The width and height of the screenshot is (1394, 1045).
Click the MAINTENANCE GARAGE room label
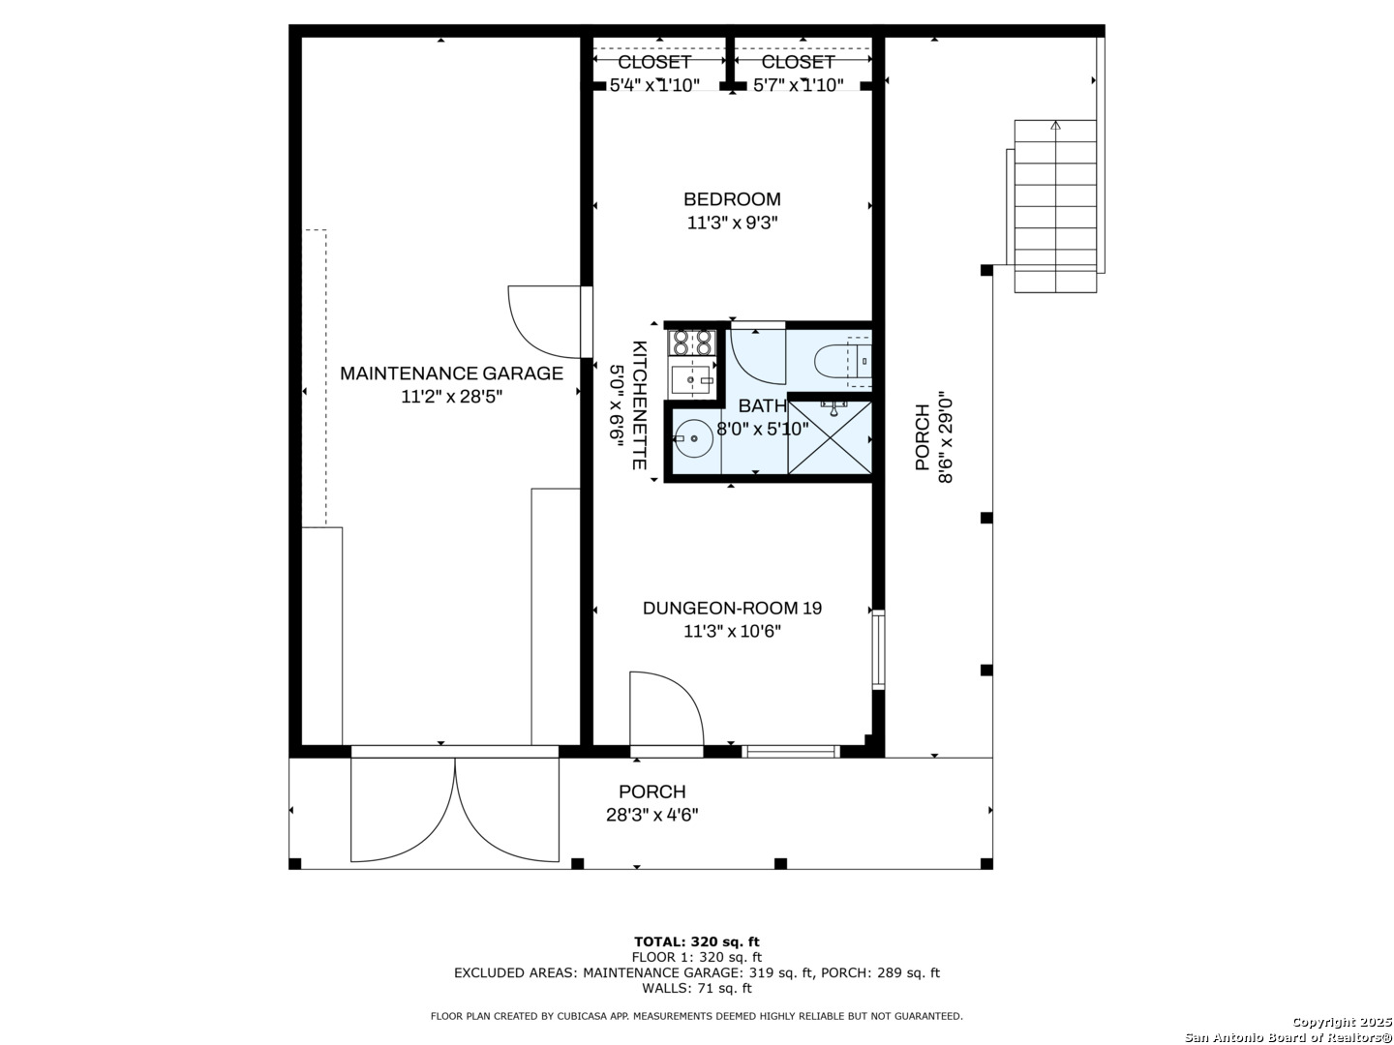(451, 373)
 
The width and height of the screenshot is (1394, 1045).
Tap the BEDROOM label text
(732, 199)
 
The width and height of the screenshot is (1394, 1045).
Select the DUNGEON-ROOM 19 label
(732, 608)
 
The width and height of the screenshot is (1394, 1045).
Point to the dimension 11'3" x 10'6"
(732, 632)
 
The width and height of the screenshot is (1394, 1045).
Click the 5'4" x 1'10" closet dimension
(654, 85)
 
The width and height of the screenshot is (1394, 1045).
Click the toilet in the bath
(842, 363)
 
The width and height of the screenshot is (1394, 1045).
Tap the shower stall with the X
(830, 438)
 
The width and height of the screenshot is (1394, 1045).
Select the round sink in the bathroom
(693, 438)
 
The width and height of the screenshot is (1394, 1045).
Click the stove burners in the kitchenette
(692, 342)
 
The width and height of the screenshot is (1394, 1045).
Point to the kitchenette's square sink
(691, 379)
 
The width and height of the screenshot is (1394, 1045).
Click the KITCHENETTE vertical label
(639, 404)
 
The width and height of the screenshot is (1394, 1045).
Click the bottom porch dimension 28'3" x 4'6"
(652, 815)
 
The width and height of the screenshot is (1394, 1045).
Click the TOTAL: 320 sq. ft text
(696, 941)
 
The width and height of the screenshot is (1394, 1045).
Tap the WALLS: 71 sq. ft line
(696, 988)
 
